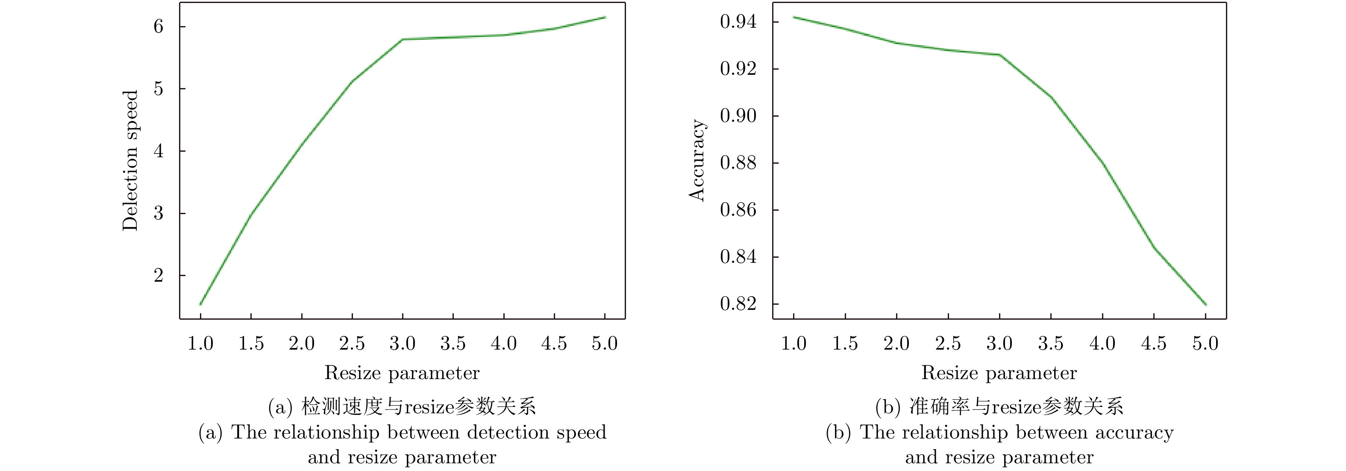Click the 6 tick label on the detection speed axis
coord(159,26)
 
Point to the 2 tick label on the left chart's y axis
coord(159,276)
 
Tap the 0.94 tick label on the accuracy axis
coord(738,22)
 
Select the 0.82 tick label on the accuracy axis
coord(738,304)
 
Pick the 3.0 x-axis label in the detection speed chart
coord(403,344)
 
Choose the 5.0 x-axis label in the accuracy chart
coord(1205,344)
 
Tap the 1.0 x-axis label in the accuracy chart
coord(793,344)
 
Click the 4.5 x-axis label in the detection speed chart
coord(554,344)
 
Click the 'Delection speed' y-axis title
coord(130,160)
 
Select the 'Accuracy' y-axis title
coord(697,160)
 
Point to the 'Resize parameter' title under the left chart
coord(402,373)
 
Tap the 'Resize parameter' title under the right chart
coord(999,373)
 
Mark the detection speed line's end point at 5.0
coord(605,17)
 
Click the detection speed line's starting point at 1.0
coord(201,304)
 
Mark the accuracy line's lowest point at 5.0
coord(1205,304)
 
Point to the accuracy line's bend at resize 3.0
coord(999,55)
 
